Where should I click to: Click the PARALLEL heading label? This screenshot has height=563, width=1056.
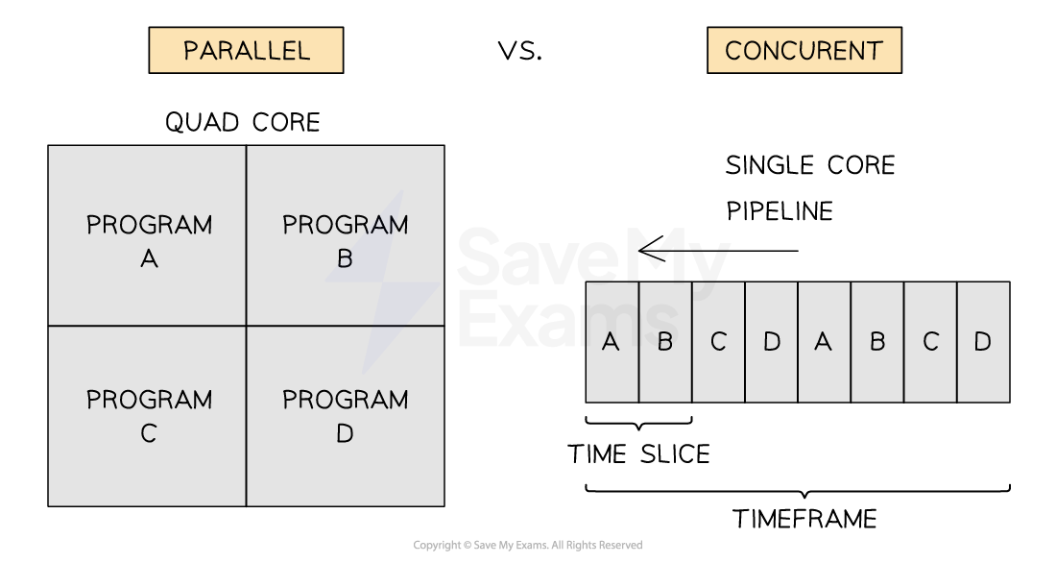246,50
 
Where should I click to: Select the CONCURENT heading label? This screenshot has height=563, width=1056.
804,50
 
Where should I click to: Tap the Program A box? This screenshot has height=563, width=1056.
148,236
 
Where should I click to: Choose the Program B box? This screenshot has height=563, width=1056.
345,236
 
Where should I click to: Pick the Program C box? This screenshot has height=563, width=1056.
148,415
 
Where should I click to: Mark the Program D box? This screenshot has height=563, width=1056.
345,415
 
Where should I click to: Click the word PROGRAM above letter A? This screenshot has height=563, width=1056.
149,225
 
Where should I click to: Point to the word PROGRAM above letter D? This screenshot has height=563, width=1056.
345,400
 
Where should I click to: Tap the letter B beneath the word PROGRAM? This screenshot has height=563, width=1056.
345,258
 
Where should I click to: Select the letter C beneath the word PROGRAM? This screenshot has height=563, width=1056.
148,434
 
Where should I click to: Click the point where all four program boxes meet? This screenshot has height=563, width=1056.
247,326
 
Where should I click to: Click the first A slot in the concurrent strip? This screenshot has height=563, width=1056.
612,342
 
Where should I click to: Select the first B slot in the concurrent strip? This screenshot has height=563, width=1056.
664,342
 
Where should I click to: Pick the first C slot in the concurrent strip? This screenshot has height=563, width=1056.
718,342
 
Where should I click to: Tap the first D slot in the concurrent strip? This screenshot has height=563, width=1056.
771,342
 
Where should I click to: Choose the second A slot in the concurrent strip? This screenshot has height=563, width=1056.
824,342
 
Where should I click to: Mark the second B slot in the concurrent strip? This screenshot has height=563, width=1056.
877,342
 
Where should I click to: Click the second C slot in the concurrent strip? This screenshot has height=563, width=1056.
930,342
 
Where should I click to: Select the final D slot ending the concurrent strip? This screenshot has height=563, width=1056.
983,342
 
